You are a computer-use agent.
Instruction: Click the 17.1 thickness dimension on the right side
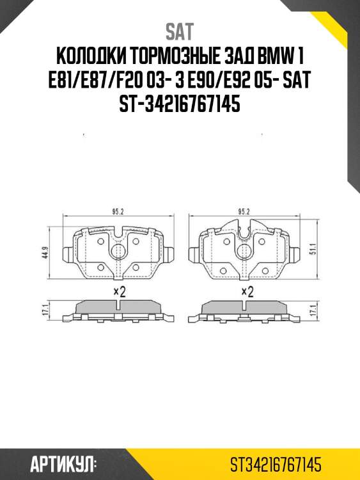click(313, 311)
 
